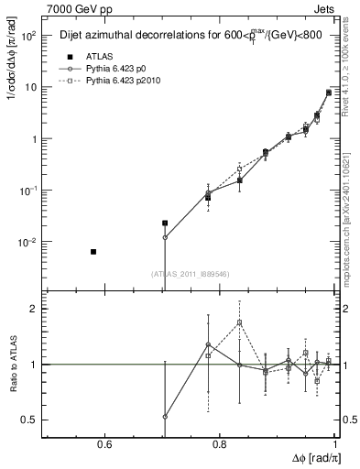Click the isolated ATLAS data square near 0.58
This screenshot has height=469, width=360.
[x=93, y=251]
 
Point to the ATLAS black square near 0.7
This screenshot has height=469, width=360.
[x=165, y=223]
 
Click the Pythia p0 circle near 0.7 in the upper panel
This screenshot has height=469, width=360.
[x=165, y=237]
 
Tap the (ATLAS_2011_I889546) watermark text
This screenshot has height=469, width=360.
[x=191, y=273]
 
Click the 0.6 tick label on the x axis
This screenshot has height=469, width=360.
[x=104, y=445]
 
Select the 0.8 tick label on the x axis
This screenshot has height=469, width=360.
[x=220, y=445]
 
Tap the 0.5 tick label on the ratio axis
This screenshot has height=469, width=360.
[x=30, y=420]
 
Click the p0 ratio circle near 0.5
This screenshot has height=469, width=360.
[x=165, y=416]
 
